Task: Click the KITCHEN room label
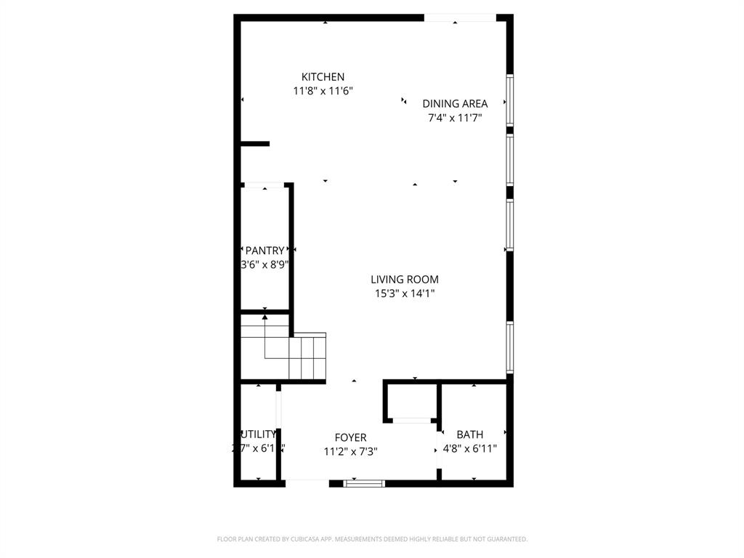(323, 77)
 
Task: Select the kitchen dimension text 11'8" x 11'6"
(323, 92)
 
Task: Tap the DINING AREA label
(455, 104)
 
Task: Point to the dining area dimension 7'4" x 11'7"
(455, 118)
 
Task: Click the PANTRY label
(264, 251)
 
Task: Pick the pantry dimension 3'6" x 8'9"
(265, 264)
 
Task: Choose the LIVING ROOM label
(405, 280)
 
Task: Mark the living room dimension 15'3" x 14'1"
(405, 294)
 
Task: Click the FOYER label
(350, 437)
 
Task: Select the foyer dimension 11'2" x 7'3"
(350, 451)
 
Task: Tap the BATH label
(470, 434)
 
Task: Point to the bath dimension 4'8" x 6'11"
(470, 449)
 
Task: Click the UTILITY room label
(259, 434)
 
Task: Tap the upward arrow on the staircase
(264, 317)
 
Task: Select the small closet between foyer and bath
(411, 401)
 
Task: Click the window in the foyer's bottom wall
(363, 482)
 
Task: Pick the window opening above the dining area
(460, 17)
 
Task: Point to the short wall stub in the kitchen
(255, 144)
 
